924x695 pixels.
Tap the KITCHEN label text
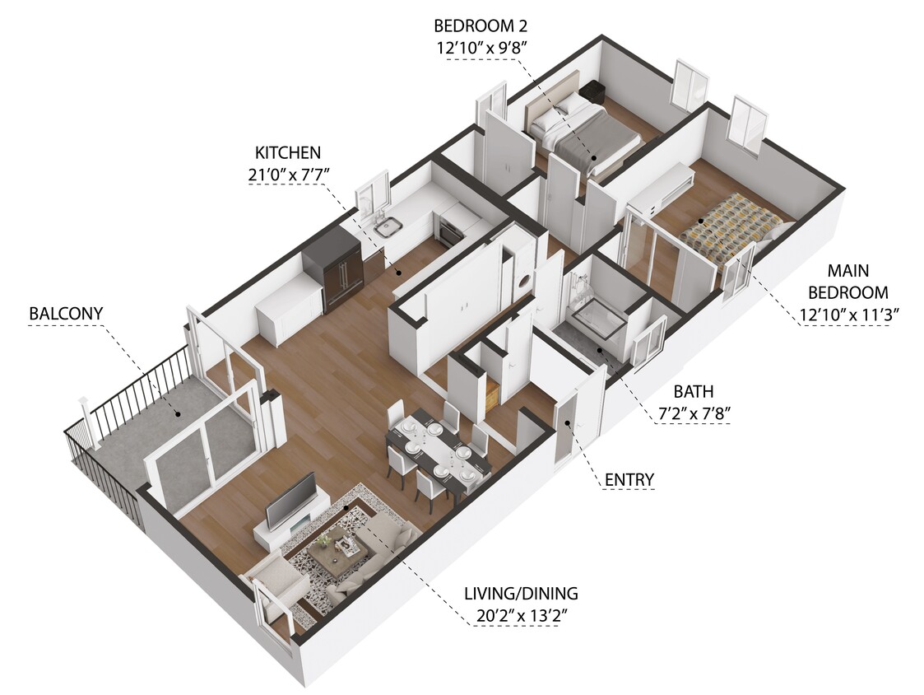(x=287, y=152)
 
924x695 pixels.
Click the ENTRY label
(x=629, y=479)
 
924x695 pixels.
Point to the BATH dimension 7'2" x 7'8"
(x=694, y=414)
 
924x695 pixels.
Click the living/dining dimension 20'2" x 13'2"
(x=521, y=614)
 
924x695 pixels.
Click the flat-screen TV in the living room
(x=290, y=501)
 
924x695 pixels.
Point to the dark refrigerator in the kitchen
(x=332, y=268)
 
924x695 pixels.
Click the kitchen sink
(x=386, y=224)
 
